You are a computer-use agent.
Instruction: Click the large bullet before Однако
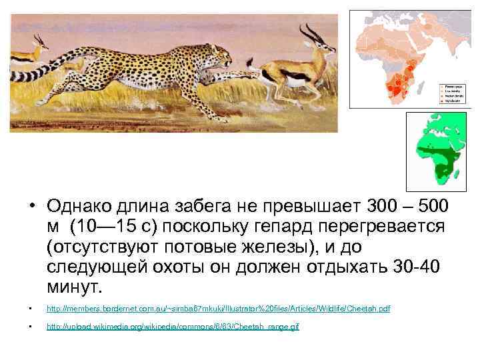32,205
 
